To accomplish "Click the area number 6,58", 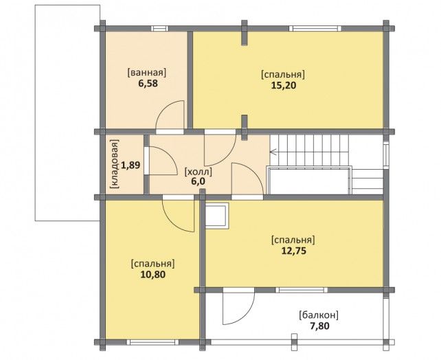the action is click(x=148, y=84).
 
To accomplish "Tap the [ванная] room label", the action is click(x=147, y=73).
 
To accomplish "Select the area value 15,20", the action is click(x=284, y=85).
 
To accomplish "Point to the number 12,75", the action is click(x=293, y=251).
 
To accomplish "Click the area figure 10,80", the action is click(x=152, y=274).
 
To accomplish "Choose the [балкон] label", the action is click(x=319, y=315).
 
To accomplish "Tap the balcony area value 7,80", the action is click(x=319, y=326).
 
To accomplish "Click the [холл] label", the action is click(x=199, y=171).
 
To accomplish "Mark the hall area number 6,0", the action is click(x=199, y=181).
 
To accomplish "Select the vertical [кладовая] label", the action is click(x=115, y=164).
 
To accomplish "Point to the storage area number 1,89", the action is click(x=131, y=165).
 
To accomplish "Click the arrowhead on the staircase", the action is click(x=273, y=152).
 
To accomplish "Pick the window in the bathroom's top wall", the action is click(x=159, y=28).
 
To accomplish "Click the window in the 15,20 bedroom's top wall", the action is click(x=315, y=28).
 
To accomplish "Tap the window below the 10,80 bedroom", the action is click(x=152, y=342).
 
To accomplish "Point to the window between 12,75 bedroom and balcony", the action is click(x=302, y=290).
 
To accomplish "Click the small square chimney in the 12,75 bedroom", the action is click(x=217, y=216).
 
